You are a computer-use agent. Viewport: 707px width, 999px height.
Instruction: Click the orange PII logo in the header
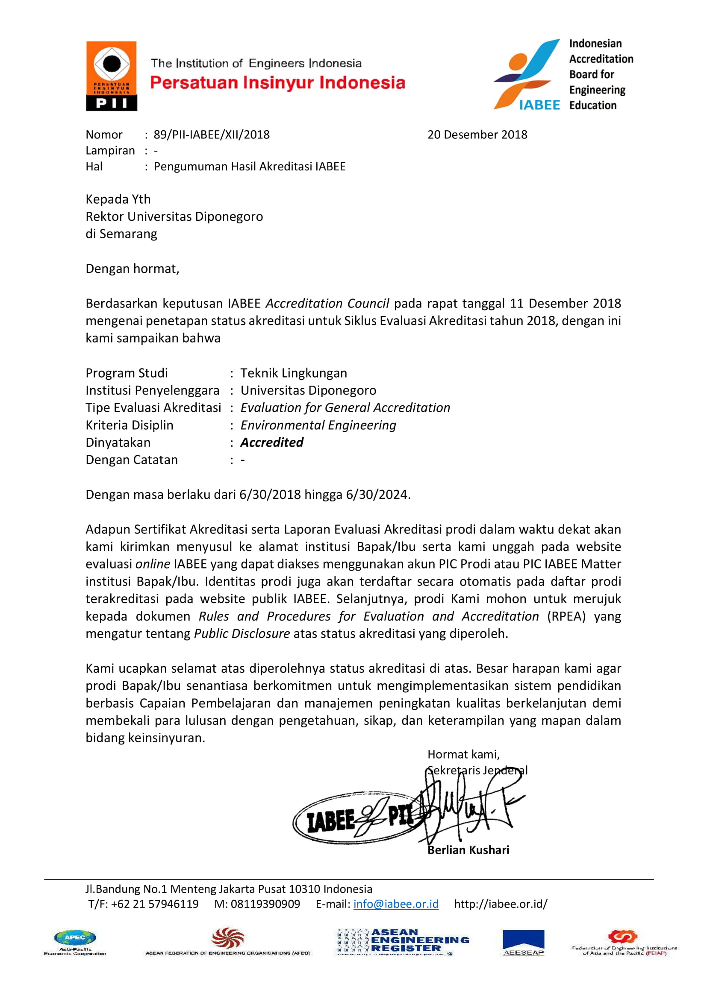[112, 76]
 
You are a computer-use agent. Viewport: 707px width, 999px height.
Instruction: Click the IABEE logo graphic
[527, 74]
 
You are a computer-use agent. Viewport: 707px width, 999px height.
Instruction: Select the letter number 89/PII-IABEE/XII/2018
[212, 135]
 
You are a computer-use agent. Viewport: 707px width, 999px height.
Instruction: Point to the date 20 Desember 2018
[477, 135]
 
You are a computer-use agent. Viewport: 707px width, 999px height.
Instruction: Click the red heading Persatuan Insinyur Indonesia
[277, 83]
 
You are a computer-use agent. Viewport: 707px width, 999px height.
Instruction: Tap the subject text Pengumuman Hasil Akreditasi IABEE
[250, 167]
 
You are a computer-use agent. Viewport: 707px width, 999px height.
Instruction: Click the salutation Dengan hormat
[133, 269]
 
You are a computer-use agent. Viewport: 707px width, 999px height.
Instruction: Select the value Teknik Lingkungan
[293, 373]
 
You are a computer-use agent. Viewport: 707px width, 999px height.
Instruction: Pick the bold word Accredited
[272, 442]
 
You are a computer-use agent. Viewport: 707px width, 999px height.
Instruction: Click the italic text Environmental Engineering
[318, 425]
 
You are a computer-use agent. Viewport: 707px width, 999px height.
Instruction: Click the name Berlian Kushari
[468, 850]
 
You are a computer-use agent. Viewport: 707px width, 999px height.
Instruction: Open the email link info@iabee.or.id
[396, 904]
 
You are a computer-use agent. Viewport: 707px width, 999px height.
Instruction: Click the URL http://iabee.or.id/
[501, 904]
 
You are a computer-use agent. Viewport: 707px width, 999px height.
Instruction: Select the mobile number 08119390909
[265, 904]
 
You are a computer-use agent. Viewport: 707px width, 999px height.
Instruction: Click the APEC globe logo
[75, 937]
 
